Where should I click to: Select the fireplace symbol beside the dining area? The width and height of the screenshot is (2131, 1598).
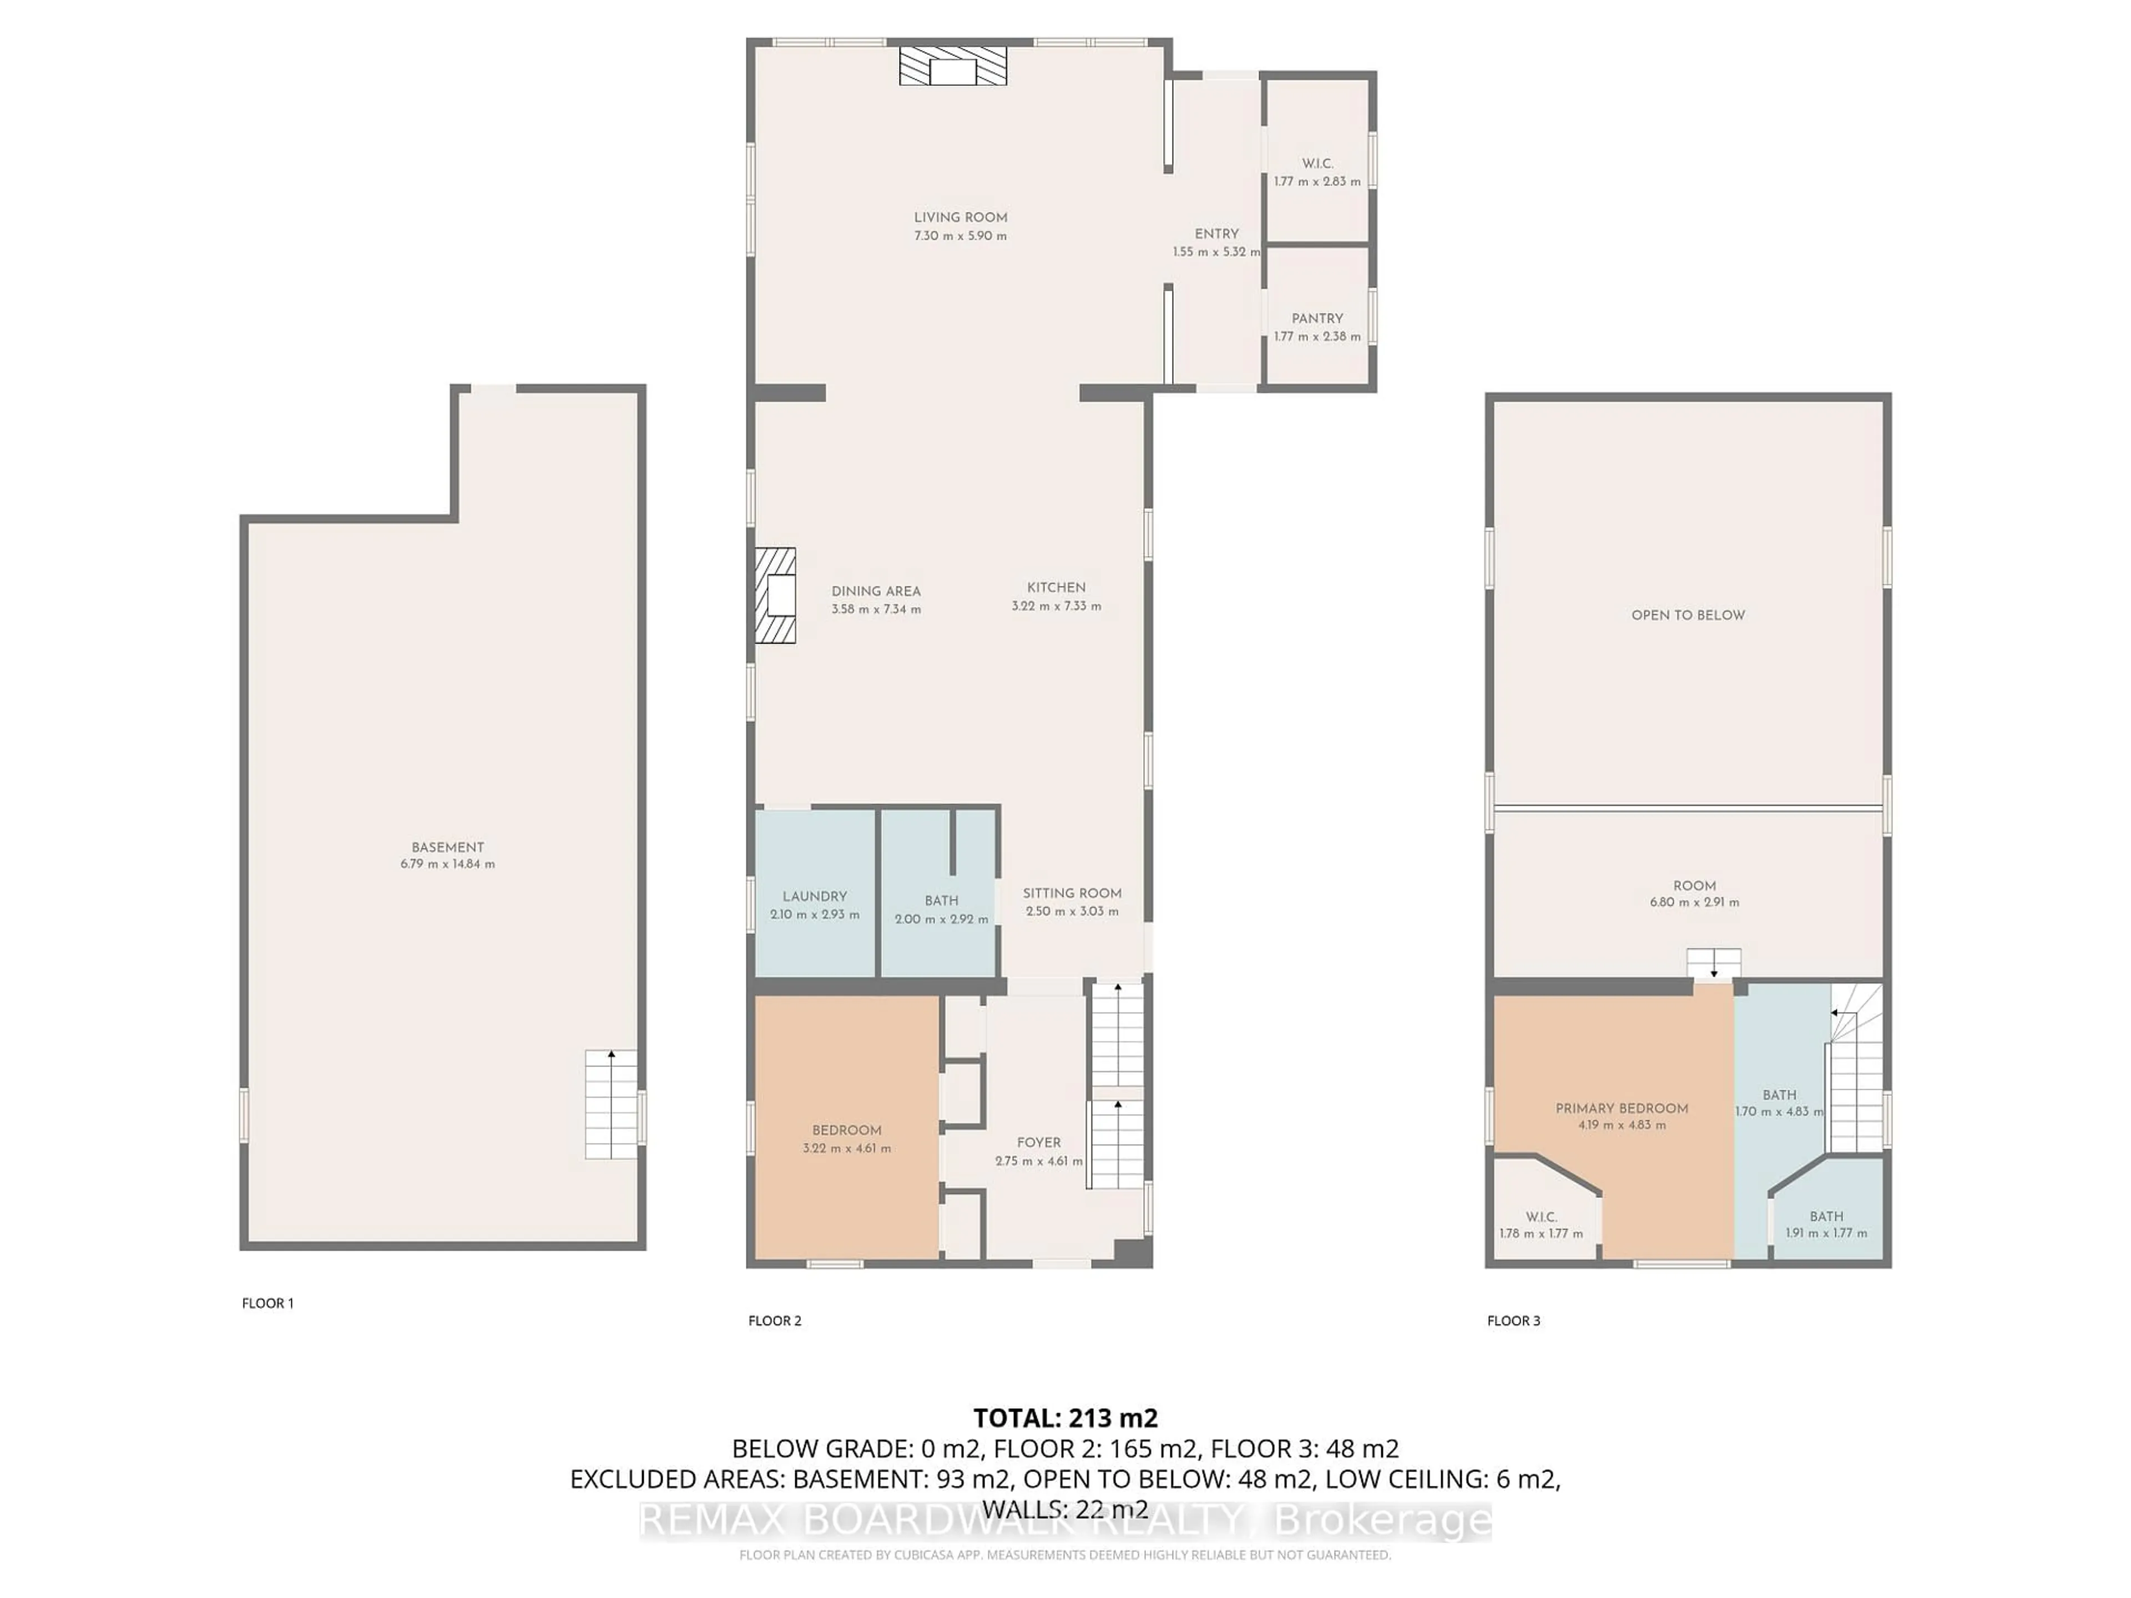click(775, 595)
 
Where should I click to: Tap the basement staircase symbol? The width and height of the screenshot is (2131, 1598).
click(611, 1105)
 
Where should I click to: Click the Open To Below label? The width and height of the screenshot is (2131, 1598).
click(1688, 615)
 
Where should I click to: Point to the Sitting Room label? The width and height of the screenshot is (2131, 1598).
click(1071, 893)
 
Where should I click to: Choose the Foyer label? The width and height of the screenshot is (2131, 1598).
click(1038, 1142)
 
